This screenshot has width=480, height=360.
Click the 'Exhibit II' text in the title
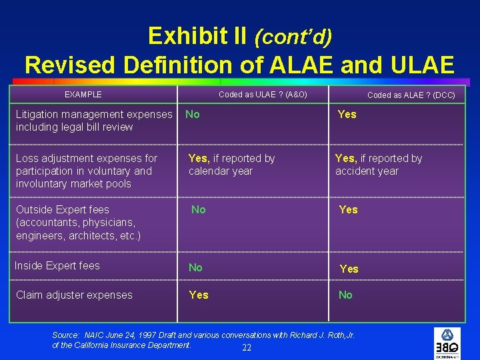click(197, 35)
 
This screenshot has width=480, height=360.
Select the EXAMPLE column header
click(83, 95)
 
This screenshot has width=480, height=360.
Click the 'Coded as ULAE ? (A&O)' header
click(263, 95)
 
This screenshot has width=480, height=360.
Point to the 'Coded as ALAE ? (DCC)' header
click(411, 95)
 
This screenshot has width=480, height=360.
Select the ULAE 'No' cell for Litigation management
click(193, 115)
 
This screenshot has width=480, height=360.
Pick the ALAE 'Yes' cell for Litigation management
click(347, 115)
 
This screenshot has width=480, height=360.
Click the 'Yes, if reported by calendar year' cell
click(231, 165)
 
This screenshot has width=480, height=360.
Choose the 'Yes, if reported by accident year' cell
click(379, 165)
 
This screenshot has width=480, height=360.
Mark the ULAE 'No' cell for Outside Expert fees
click(199, 210)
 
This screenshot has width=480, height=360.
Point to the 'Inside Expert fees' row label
click(57, 266)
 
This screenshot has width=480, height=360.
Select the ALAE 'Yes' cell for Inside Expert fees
click(349, 269)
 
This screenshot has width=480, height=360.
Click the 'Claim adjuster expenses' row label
click(74, 295)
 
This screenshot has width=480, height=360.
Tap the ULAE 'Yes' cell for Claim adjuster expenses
click(198, 295)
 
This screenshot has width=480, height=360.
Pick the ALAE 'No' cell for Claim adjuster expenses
click(345, 295)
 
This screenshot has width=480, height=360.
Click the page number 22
click(247, 349)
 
